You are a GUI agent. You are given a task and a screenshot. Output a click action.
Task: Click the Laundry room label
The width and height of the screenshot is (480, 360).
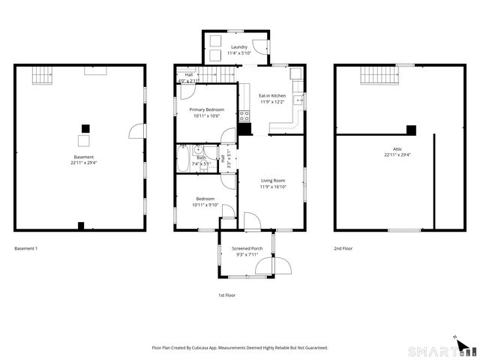point(238,47)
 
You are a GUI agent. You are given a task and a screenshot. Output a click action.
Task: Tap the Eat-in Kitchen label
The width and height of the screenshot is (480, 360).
point(272,96)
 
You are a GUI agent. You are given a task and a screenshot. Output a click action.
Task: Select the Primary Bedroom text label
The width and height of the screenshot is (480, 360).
point(206,109)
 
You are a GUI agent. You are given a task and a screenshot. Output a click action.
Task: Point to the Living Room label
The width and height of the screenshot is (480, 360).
point(272,181)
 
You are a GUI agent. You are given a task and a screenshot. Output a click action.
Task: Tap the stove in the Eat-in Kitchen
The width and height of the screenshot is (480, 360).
point(244,116)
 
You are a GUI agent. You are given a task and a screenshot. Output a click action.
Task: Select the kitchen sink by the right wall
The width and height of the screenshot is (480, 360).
point(298,100)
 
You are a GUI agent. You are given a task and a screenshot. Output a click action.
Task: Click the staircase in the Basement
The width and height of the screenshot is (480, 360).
point(43,74)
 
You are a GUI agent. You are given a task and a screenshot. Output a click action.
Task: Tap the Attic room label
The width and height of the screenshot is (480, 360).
point(397,149)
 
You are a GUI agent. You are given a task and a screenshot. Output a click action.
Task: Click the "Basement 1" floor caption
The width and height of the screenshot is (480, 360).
point(25,248)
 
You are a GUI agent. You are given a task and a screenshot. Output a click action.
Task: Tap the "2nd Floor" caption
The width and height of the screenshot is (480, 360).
point(343,248)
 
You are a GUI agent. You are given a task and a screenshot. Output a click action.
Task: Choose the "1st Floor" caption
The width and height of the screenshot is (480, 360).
point(226,295)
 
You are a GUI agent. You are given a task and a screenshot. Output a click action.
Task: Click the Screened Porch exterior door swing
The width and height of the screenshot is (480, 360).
point(283,265)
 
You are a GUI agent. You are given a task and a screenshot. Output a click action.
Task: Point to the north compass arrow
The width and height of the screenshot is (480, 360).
point(454,338)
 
